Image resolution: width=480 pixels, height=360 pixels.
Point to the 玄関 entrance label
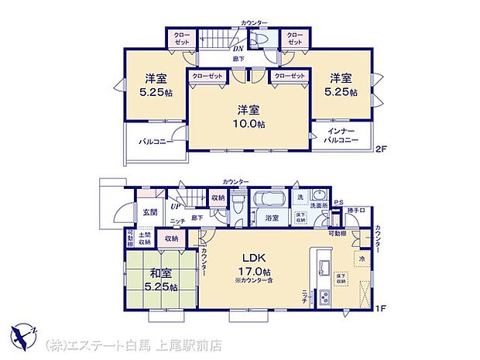tap(149, 212)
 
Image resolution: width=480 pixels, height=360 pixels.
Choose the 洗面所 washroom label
tap(318, 207)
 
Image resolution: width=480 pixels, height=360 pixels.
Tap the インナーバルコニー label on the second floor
tap(341, 139)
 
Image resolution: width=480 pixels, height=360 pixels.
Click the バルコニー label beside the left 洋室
tap(155, 142)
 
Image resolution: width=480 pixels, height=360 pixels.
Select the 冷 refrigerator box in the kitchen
tap(362, 258)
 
